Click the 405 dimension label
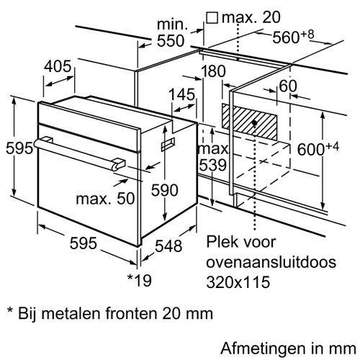[x=58, y=66]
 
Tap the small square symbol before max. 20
[x=212, y=18]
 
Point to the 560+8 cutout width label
[x=293, y=36]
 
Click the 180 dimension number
[x=213, y=71]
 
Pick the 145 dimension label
[x=182, y=94]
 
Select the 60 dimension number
[x=288, y=86]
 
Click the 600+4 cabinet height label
[x=318, y=148]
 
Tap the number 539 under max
[x=213, y=165]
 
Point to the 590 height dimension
[x=165, y=190]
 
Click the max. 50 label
[x=105, y=199]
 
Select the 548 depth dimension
[x=168, y=246]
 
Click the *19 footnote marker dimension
[x=140, y=280]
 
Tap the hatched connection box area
[x=249, y=122]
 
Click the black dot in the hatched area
[x=254, y=123]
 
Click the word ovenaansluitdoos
[x=271, y=262]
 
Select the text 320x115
[x=238, y=282]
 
